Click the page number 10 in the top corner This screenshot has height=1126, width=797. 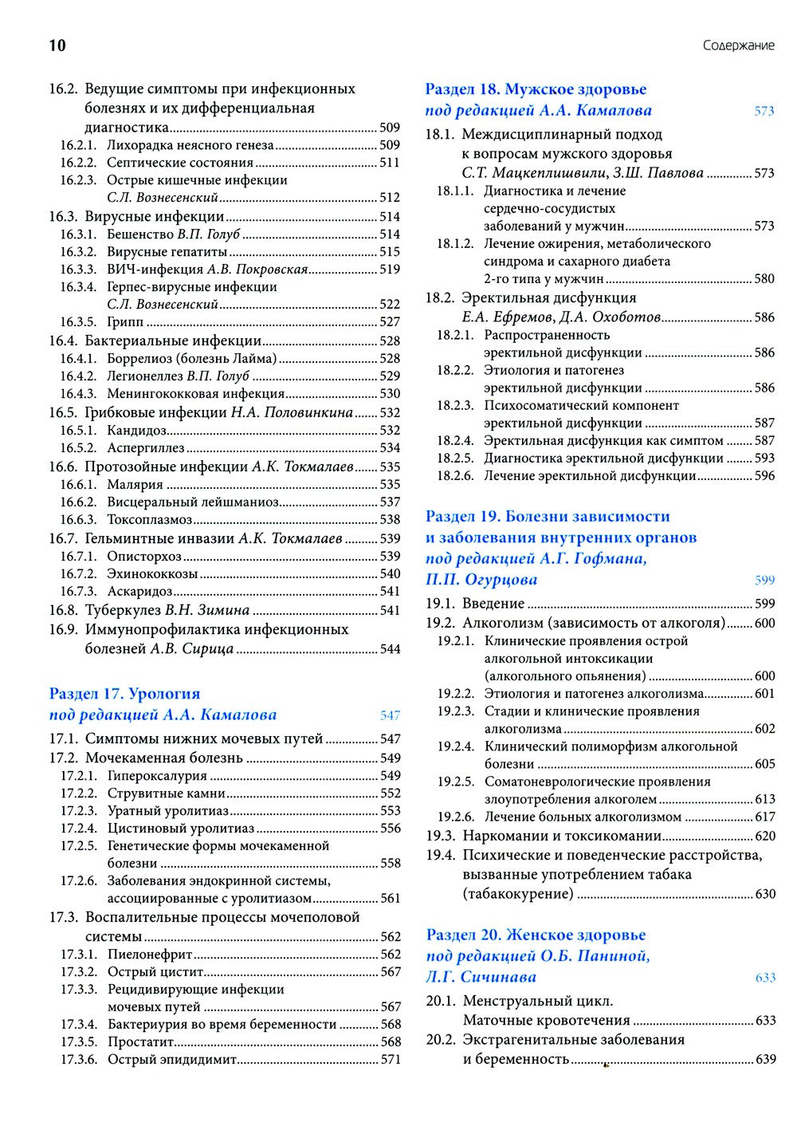click(57, 45)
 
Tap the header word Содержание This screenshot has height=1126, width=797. click(738, 45)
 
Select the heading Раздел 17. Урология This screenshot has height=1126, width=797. click(124, 694)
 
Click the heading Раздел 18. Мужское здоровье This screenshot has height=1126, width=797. click(536, 89)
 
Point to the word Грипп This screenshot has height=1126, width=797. click(125, 322)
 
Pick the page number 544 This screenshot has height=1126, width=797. click(390, 649)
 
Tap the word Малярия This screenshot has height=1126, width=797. click(135, 485)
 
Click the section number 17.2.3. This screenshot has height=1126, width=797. click(78, 811)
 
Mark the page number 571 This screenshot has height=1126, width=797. click(390, 1060)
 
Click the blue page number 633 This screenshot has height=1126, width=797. click(764, 978)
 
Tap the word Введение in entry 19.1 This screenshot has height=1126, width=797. click(493, 604)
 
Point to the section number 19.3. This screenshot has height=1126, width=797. click(440, 837)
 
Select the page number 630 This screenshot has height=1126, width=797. click(764, 894)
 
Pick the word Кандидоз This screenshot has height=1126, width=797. click(137, 431)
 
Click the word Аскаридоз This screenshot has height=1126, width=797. click(139, 592)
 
